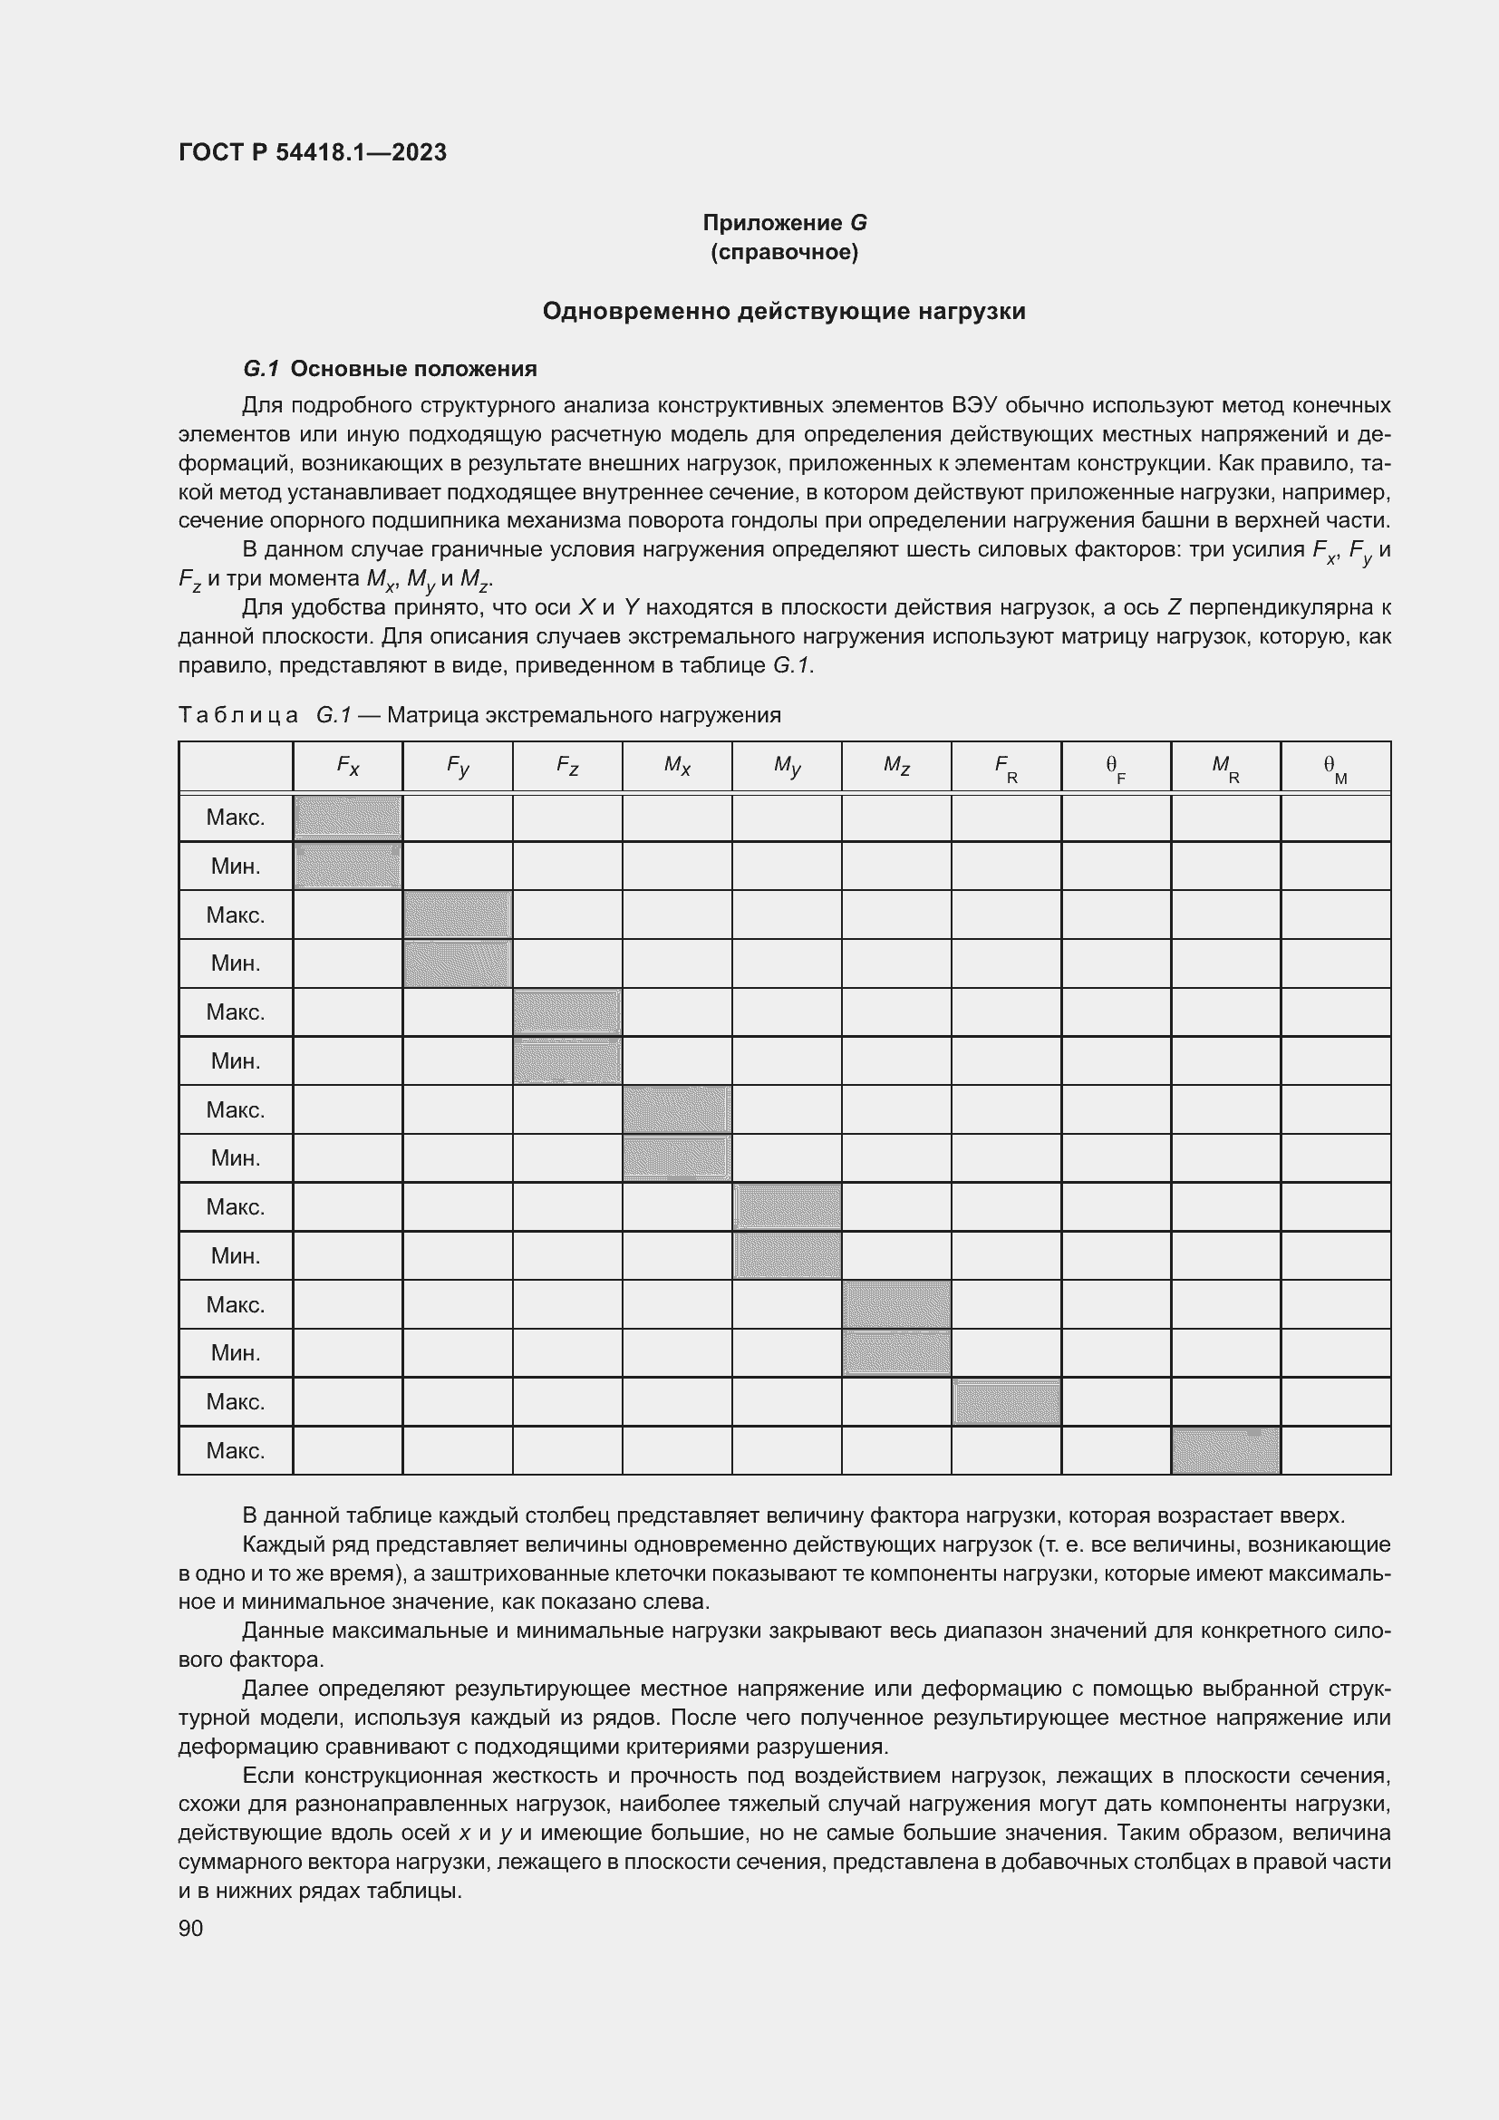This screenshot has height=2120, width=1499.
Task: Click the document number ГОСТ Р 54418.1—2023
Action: [x=312, y=152]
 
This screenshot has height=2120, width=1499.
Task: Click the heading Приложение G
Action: [x=785, y=223]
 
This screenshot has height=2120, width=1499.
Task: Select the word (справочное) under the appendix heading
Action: [x=785, y=252]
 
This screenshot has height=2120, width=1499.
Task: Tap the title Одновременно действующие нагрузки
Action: [x=784, y=311]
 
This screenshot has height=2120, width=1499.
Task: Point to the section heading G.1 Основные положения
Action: [x=390, y=369]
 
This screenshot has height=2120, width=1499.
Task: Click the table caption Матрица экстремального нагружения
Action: [x=584, y=716]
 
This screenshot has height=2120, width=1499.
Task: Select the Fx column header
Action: [x=347, y=766]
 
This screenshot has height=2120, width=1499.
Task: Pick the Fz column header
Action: [x=566, y=766]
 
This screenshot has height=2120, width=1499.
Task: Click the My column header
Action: [x=787, y=766]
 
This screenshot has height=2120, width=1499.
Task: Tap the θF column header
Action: [x=1115, y=768]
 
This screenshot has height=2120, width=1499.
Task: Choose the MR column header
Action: [x=1225, y=768]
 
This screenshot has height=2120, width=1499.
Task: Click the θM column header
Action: [x=1335, y=768]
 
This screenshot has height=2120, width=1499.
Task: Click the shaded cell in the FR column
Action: [x=1005, y=1401]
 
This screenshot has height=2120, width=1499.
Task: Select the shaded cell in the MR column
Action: [x=1225, y=1450]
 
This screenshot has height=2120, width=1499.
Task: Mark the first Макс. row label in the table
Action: [x=236, y=818]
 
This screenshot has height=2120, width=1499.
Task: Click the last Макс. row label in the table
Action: [x=236, y=1450]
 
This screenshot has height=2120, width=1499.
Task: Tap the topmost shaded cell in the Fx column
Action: [x=347, y=818]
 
